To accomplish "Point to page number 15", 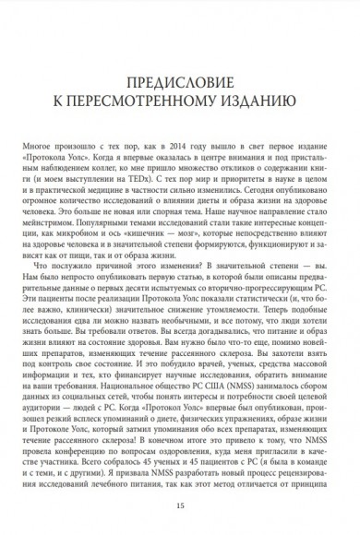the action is click(x=179, y=506).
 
